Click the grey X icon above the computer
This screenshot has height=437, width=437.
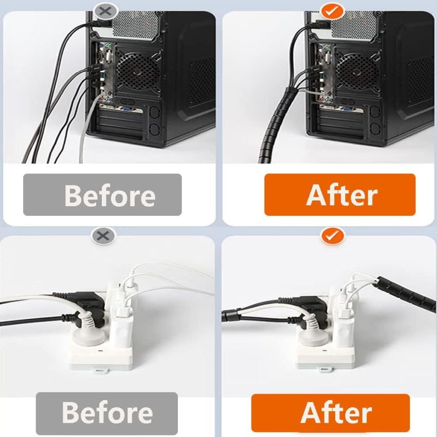[x=105, y=11]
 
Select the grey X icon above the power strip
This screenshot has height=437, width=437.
[x=103, y=236]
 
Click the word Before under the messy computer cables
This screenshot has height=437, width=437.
[x=110, y=195]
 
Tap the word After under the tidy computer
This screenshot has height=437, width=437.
[x=342, y=195]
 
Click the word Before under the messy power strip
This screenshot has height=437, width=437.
[x=107, y=412]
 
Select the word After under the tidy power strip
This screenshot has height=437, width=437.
[x=336, y=412]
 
